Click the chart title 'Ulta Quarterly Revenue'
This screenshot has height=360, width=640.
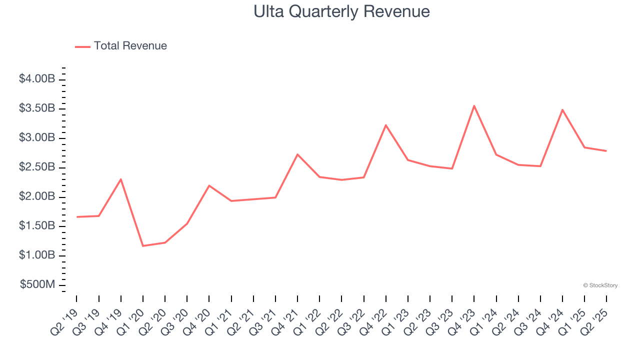[x=341, y=11]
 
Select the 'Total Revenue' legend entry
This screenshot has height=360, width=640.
[x=130, y=46]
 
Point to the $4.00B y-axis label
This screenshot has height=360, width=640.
[x=37, y=79]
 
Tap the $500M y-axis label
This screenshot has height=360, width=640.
[x=37, y=285]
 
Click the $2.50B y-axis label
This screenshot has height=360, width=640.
[x=37, y=167]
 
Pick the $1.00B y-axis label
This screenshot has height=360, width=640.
[x=37, y=255]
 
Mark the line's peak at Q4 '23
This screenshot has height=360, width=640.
[x=474, y=106]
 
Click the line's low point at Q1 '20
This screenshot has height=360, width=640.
[x=143, y=246]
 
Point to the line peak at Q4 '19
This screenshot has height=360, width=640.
[x=121, y=179]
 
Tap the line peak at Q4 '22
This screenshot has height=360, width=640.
[x=385, y=125]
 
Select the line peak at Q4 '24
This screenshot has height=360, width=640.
[x=562, y=110]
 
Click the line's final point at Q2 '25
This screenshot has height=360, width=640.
[x=606, y=151]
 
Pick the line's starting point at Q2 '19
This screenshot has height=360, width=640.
[x=77, y=217]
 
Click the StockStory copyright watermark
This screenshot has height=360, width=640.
[x=600, y=285]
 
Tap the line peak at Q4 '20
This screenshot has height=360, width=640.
[x=209, y=185]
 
